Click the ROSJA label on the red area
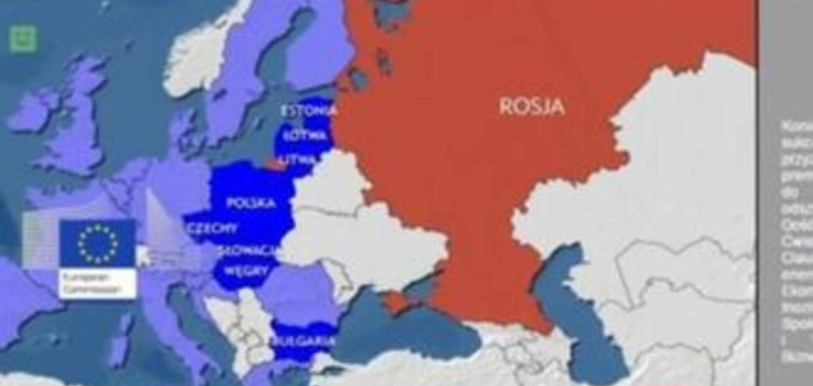click(532, 107)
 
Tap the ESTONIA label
click(309, 111)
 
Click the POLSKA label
click(251, 203)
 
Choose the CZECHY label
click(213, 229)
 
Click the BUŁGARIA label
click(304, 341)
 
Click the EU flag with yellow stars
click(97, 243)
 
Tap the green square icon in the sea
click(23, 39)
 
